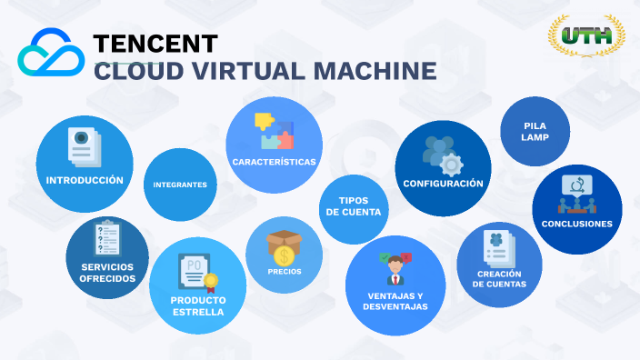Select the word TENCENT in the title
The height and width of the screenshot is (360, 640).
156,43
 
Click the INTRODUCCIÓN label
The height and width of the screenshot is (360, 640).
85,180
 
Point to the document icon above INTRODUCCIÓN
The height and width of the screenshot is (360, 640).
84,147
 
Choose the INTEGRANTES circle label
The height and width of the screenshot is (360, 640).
180,185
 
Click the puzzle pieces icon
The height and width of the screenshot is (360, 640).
274,131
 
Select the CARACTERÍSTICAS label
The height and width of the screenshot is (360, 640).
274,162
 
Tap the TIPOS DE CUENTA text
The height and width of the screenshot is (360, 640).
353,206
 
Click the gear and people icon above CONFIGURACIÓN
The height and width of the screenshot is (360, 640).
444,155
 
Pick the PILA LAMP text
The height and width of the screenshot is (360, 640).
535,131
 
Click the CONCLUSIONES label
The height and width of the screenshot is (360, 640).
576,224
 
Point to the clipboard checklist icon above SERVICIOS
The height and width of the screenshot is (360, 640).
107,238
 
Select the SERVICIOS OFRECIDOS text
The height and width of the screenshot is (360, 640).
107,272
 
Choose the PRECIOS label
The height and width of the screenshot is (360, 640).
285,271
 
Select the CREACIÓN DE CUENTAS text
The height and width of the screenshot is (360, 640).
499,279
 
